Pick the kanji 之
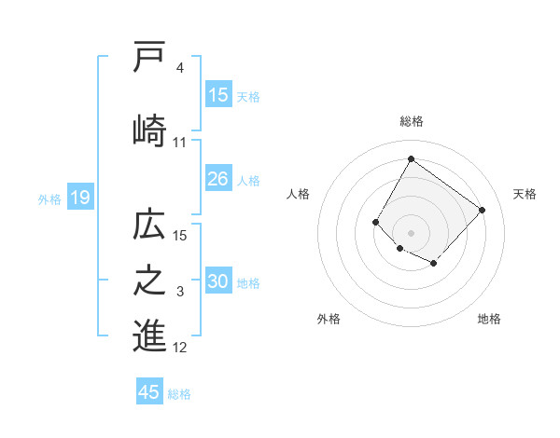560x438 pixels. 149,281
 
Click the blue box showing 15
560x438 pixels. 218,95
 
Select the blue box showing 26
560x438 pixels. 218,179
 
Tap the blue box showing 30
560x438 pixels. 218,281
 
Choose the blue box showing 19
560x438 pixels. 79,198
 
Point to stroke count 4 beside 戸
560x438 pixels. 179,68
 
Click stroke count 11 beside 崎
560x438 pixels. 179,142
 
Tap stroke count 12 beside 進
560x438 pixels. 179,348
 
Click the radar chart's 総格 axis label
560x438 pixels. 411,121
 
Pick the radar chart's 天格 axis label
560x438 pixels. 525,194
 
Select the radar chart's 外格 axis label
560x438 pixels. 329,319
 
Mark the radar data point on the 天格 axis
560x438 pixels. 482,210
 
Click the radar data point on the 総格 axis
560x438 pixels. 411,159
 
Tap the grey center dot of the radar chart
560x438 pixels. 411,232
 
